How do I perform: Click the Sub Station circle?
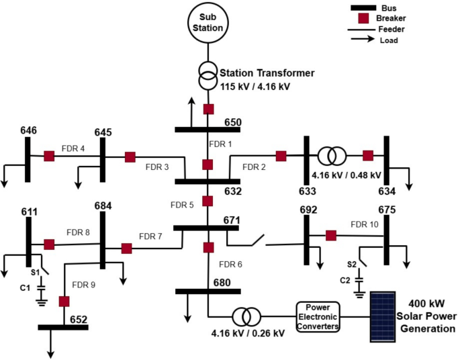click(208, 23)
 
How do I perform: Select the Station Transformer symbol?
click(208, 75)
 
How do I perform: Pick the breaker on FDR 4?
click(49, 156)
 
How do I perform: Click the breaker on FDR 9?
click(64, 301)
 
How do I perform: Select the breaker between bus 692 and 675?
click(330, 235)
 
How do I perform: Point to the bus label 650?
click(232, 122)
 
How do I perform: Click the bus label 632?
click(232, 191)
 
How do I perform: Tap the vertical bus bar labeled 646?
click(28, 160)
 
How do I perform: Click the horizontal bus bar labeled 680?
click(208, 291)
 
